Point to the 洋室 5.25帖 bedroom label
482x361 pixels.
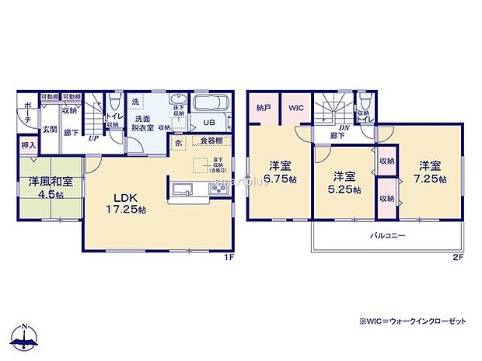point(344,182)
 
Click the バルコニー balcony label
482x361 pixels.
point(386,234)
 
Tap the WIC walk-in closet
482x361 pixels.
point(295,109)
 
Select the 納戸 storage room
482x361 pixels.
point(263,109)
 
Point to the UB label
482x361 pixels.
point(209,123)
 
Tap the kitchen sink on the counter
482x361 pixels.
point(186,189)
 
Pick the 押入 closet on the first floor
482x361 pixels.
point(27,144)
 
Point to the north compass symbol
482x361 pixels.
point(25,337)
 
